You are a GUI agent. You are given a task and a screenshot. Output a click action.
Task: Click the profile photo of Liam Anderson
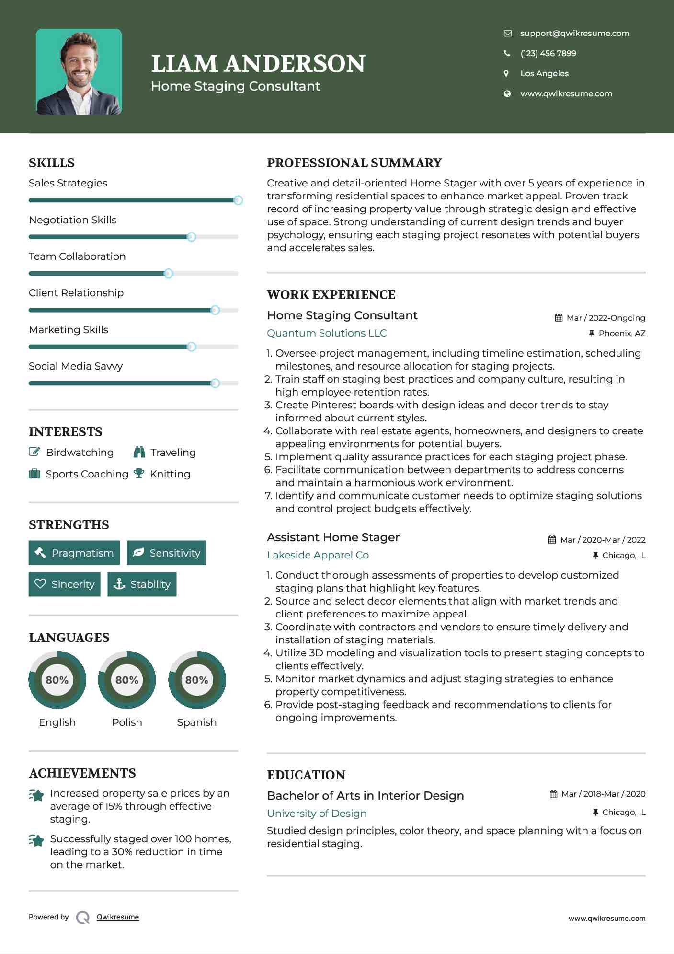point(79,72)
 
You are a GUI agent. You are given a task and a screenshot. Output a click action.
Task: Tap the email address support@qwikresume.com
point(574,33)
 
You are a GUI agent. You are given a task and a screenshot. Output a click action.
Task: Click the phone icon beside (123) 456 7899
point(507,53)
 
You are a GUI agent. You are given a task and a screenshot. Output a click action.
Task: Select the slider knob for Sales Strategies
point(238,200)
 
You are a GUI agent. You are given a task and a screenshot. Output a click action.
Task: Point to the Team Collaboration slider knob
point(169,274)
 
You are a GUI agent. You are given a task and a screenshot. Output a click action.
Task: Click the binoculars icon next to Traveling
point(139,452)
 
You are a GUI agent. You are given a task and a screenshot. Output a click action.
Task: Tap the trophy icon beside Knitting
point(139,474)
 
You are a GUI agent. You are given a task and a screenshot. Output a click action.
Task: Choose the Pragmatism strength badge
point(74,553)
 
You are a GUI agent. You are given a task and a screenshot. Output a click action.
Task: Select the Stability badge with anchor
point(142,584)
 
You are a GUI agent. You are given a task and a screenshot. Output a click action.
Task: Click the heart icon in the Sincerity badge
point(40,584)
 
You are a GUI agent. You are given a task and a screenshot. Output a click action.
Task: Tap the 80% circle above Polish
point(127,680)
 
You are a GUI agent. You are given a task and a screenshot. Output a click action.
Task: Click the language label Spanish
point(196,722)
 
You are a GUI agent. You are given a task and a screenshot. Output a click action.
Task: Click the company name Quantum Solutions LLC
point(327,333)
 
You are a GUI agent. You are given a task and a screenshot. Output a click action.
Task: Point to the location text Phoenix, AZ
point(622,333)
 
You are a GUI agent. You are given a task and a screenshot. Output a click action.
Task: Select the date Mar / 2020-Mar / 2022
point(603,540)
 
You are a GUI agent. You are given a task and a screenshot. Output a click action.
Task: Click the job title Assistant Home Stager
point(333,537)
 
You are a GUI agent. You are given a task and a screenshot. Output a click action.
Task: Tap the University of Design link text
point(317,813)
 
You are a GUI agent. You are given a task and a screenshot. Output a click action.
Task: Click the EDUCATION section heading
point(306,775)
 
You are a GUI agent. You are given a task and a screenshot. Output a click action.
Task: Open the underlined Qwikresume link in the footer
point(118,917)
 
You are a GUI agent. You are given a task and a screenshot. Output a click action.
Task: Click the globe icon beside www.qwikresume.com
point(507,93)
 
